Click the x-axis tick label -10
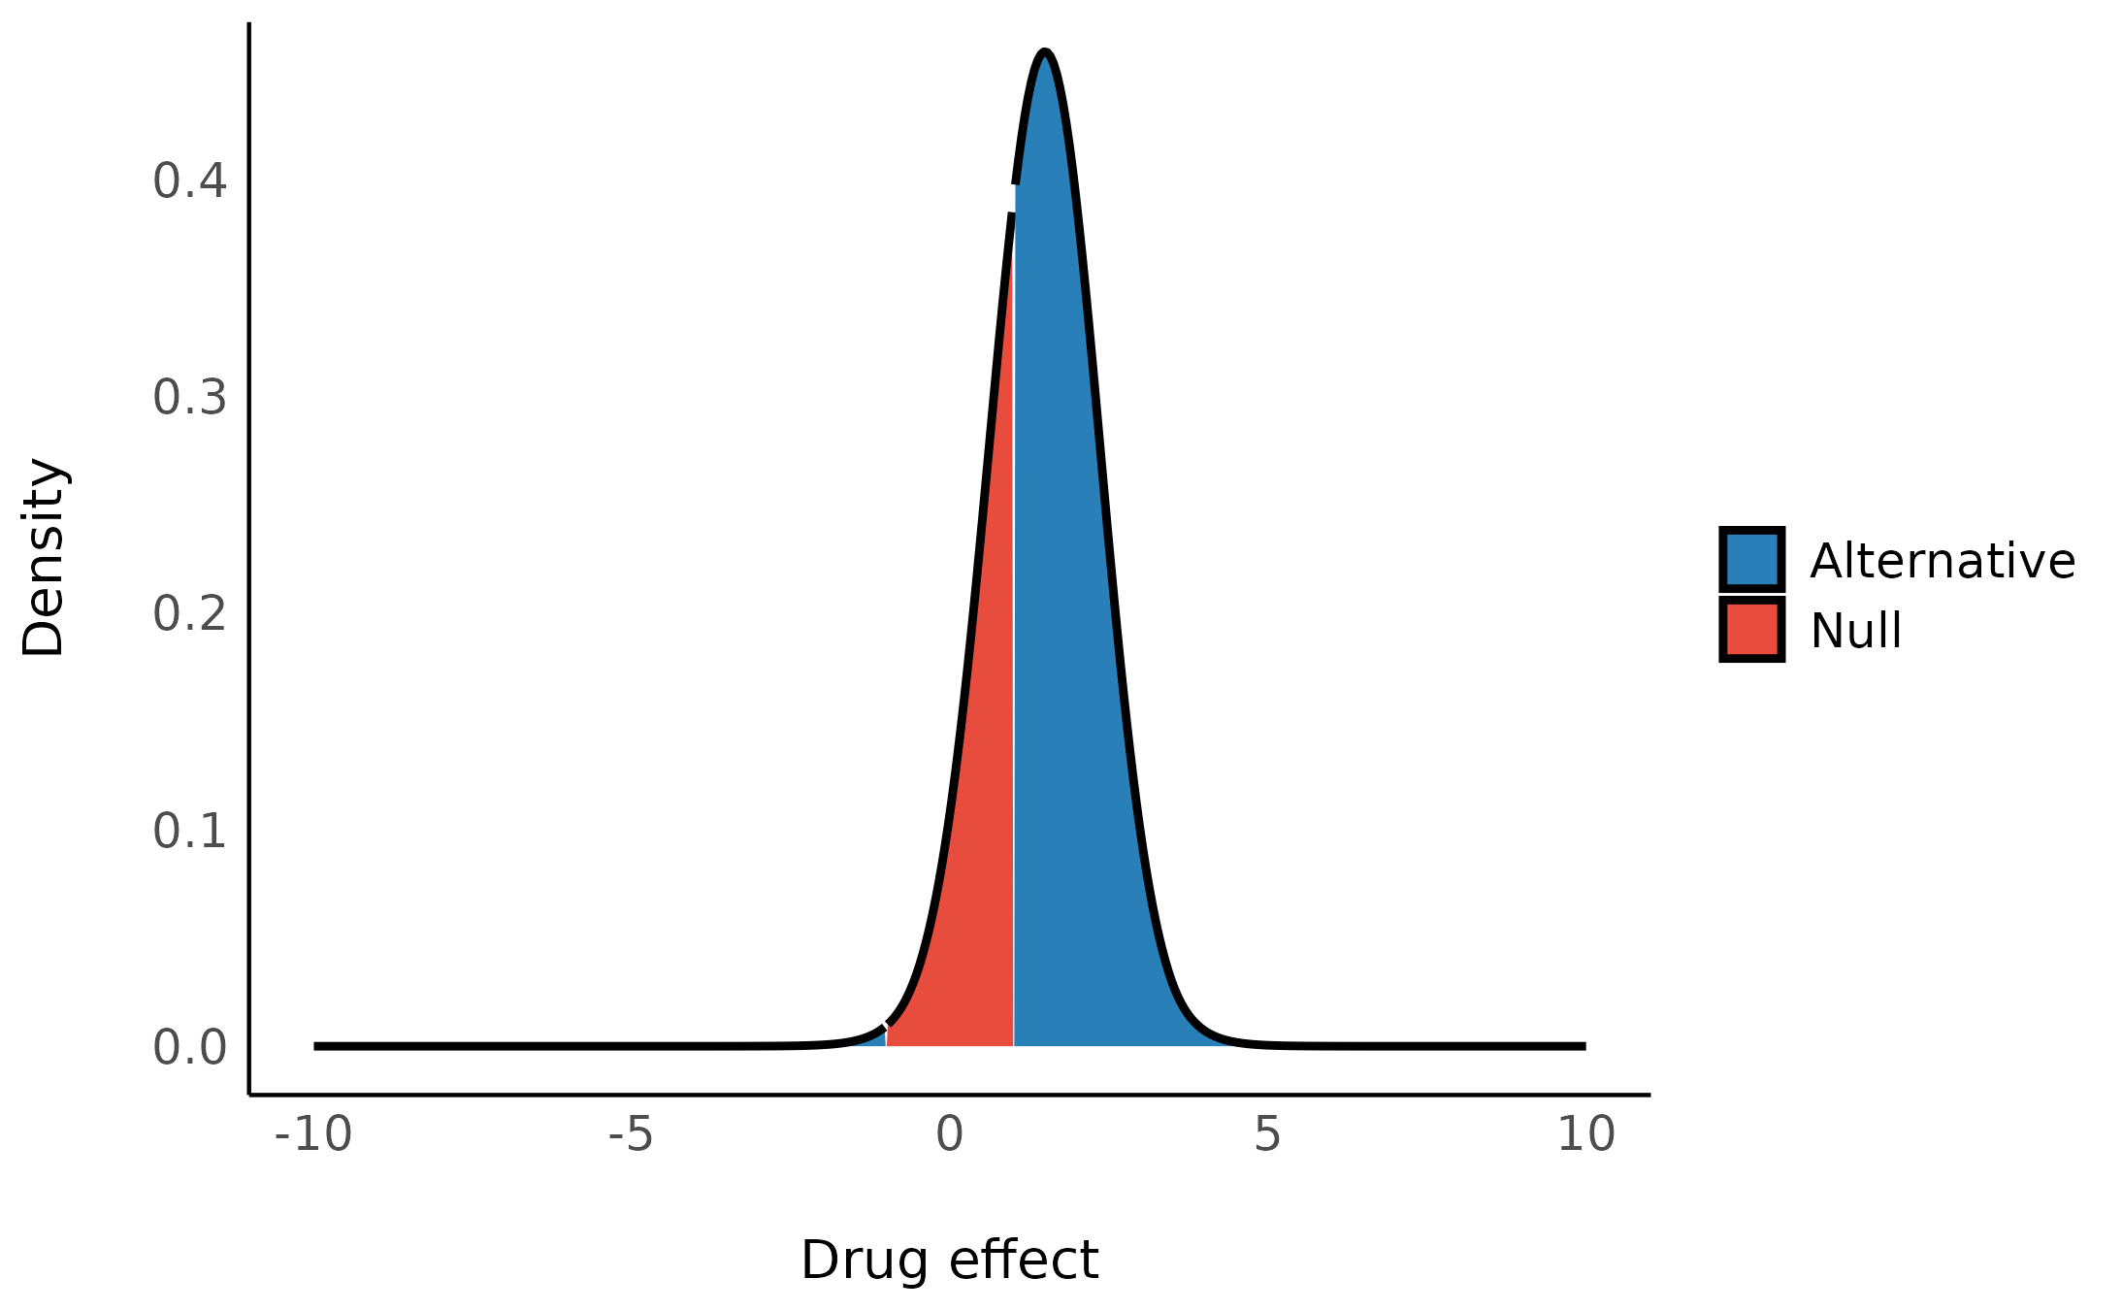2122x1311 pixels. click(313, 1134)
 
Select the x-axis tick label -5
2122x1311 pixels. click(631, 1134)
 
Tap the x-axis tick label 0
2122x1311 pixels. click(949, 1134)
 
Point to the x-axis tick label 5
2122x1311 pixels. click(1267, 1134)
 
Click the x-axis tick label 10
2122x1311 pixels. click(1585, 1134)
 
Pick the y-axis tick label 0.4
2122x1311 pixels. click(189, 181)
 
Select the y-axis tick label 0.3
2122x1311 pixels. click(189, 398)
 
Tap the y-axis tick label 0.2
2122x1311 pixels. click(189, 614)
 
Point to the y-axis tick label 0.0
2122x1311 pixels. click(189, 1048)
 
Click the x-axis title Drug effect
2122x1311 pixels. click(949, 1261)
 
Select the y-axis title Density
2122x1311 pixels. click(43, 557)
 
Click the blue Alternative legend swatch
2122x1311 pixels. click(1751, 560)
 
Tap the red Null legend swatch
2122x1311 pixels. click(1751, 630)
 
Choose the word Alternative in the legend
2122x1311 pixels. click(1942, 561)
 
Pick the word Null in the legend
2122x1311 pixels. click(1855, 631)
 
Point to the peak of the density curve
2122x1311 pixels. click(1044, 51)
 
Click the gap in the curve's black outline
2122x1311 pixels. click(1013, 198)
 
